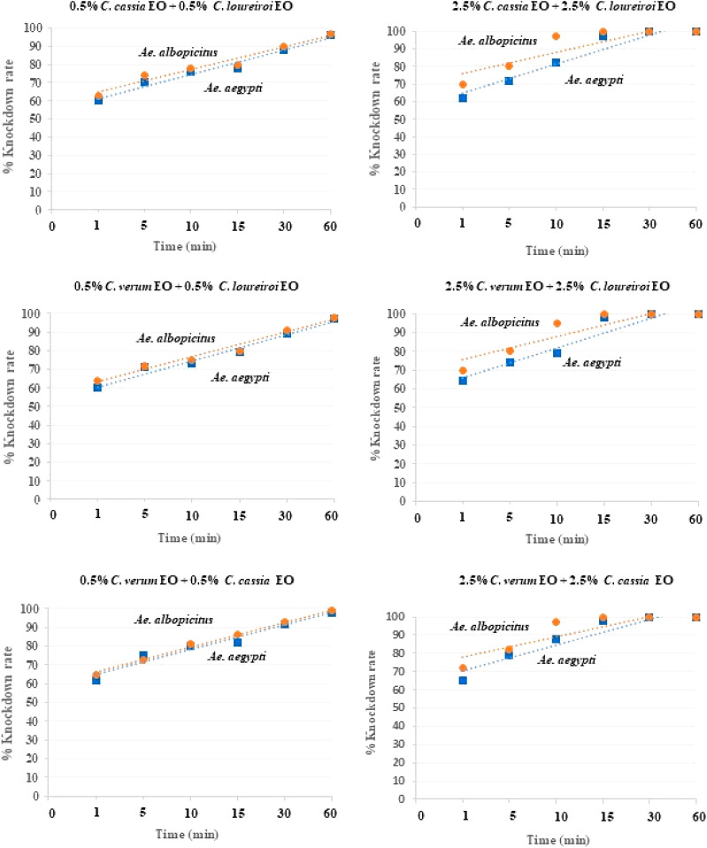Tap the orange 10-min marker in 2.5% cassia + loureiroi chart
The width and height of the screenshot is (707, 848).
pyautogui.click(x=557, y=36)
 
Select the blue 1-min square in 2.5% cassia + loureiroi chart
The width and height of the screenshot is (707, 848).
pyautogui.click(x=463, y=97)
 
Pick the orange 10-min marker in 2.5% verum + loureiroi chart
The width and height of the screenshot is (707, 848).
pyautogui.click(x=557, y=323)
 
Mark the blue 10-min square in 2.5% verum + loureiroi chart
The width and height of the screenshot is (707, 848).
pyautogui.click(x=557, y=352)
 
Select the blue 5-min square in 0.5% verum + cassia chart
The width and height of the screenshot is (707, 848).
pyautogui.click(x=143, y=656)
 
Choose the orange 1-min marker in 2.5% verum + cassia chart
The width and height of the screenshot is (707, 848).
pyautogui.click(x=463, y=668)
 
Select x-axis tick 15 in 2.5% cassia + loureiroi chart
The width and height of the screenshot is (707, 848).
pyautogui.click(x=603, y=223)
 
